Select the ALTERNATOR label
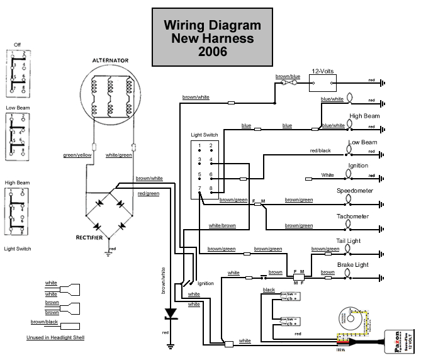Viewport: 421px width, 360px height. [x=110, y=60]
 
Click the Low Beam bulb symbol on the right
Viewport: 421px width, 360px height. [x=351, y=150]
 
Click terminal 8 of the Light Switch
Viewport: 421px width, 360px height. [x=211, y=189]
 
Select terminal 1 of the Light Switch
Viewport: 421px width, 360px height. [x=200, y=145]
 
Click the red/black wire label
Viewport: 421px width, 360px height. [x=321, y=150]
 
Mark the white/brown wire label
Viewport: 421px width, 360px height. [x=222, y=225]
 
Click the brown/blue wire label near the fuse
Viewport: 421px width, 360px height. [x=288, y=77]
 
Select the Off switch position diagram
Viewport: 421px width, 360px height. [x=17, y=72]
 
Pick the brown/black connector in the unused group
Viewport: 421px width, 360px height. [x=70, y=327]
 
